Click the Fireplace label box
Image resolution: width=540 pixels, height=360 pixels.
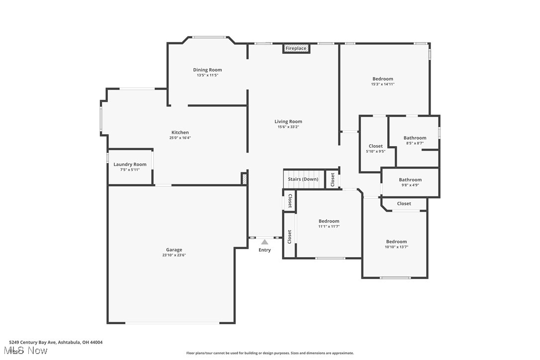click(296, 48)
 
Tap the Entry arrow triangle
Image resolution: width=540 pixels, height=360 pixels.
click(265, 242)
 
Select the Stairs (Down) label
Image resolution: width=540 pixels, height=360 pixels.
click(303, 179)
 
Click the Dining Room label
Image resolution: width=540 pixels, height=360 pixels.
click(207, 70)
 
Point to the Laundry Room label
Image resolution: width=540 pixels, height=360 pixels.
click(130, 165)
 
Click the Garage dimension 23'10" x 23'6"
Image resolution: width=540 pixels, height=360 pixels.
click(174, 255)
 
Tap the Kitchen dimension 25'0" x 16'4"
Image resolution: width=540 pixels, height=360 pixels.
click(180, 138)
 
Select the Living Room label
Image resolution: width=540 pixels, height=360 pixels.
click(288, 121)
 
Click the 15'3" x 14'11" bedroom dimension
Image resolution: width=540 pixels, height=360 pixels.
click(382, 84)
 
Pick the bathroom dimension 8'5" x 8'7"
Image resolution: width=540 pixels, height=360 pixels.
click(415, 143)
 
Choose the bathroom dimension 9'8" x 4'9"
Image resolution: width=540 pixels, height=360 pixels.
click(410, 185)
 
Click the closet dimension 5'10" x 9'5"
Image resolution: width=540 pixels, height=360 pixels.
click(375, 151)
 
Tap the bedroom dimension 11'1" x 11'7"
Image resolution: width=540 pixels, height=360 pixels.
click(329, 226)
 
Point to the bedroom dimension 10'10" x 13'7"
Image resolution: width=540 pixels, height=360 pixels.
click(396, 247)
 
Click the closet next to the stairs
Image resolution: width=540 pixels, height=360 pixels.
click(333, 180)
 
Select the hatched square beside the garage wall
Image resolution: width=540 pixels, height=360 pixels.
click(244, 179)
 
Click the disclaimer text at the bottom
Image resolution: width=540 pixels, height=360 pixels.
click(270, 353)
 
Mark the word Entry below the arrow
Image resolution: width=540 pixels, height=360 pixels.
click(265, 250)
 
